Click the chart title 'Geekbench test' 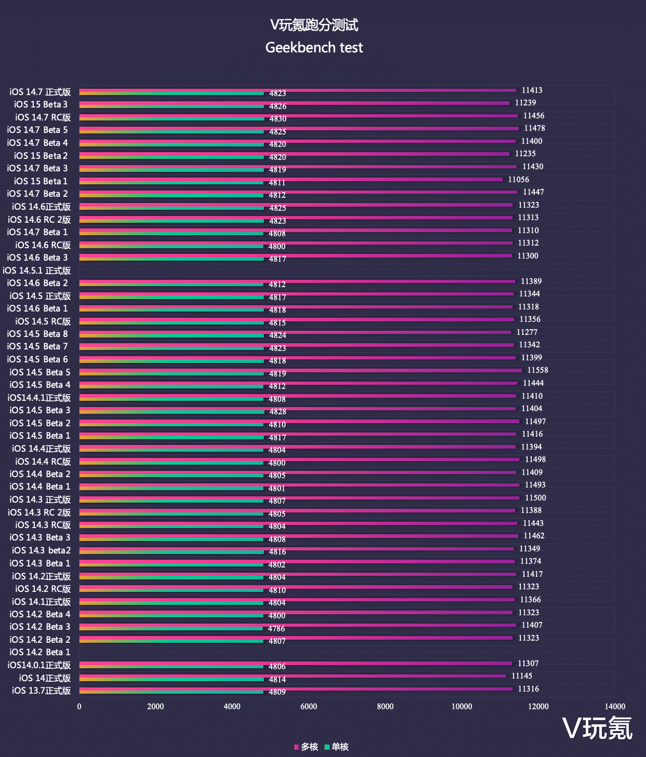coord(314,48)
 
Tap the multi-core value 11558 coord(537,370)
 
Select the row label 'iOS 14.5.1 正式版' coord(37,271)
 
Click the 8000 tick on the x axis coord(385,706)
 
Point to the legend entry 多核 coord(306,747)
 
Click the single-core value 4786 coord(276,629)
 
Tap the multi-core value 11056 coord(518,180)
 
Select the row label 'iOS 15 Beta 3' coord(41,104)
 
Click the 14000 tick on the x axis coord(615,706)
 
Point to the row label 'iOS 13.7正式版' coord(42,691)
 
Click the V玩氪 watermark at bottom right coord(598,728)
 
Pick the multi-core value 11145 coord(521,676)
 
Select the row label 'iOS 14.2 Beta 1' coord(40,652)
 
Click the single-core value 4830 coord(278,119)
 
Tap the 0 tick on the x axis coord(79,706)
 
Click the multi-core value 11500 coord(535,498)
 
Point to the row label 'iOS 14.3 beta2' coord(42,550)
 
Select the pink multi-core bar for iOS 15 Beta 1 coord(291,180)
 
